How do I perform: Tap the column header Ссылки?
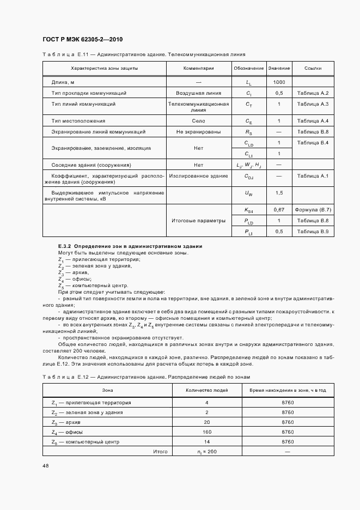313,69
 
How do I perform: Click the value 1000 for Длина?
279,82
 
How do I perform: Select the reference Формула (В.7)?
313,210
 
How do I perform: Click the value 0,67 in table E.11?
279,210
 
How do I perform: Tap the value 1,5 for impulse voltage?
279,193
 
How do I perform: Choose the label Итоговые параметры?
198,221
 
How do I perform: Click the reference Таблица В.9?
313,232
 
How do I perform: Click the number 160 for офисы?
207,432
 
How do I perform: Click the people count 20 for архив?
207,422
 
